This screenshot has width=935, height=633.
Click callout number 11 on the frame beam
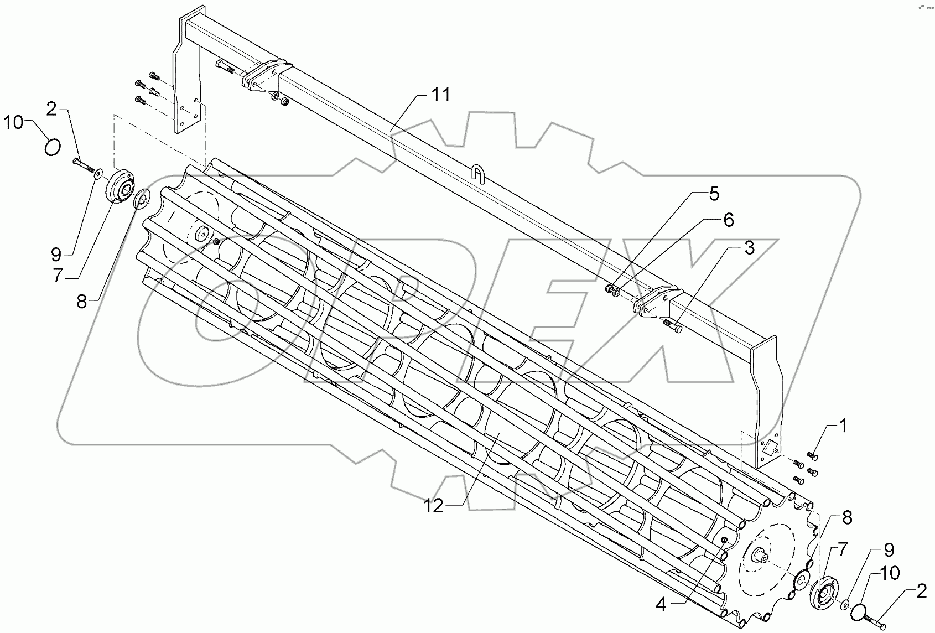point(441,95)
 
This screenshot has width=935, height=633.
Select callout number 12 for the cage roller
point(434,506)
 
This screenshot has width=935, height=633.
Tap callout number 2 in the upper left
point(51,109)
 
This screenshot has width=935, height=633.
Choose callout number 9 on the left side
point(56,255)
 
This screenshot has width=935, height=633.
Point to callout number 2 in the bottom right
point(921,592)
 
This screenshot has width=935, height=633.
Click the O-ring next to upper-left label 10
point(51,148)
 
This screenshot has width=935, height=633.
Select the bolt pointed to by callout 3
point(673,326)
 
